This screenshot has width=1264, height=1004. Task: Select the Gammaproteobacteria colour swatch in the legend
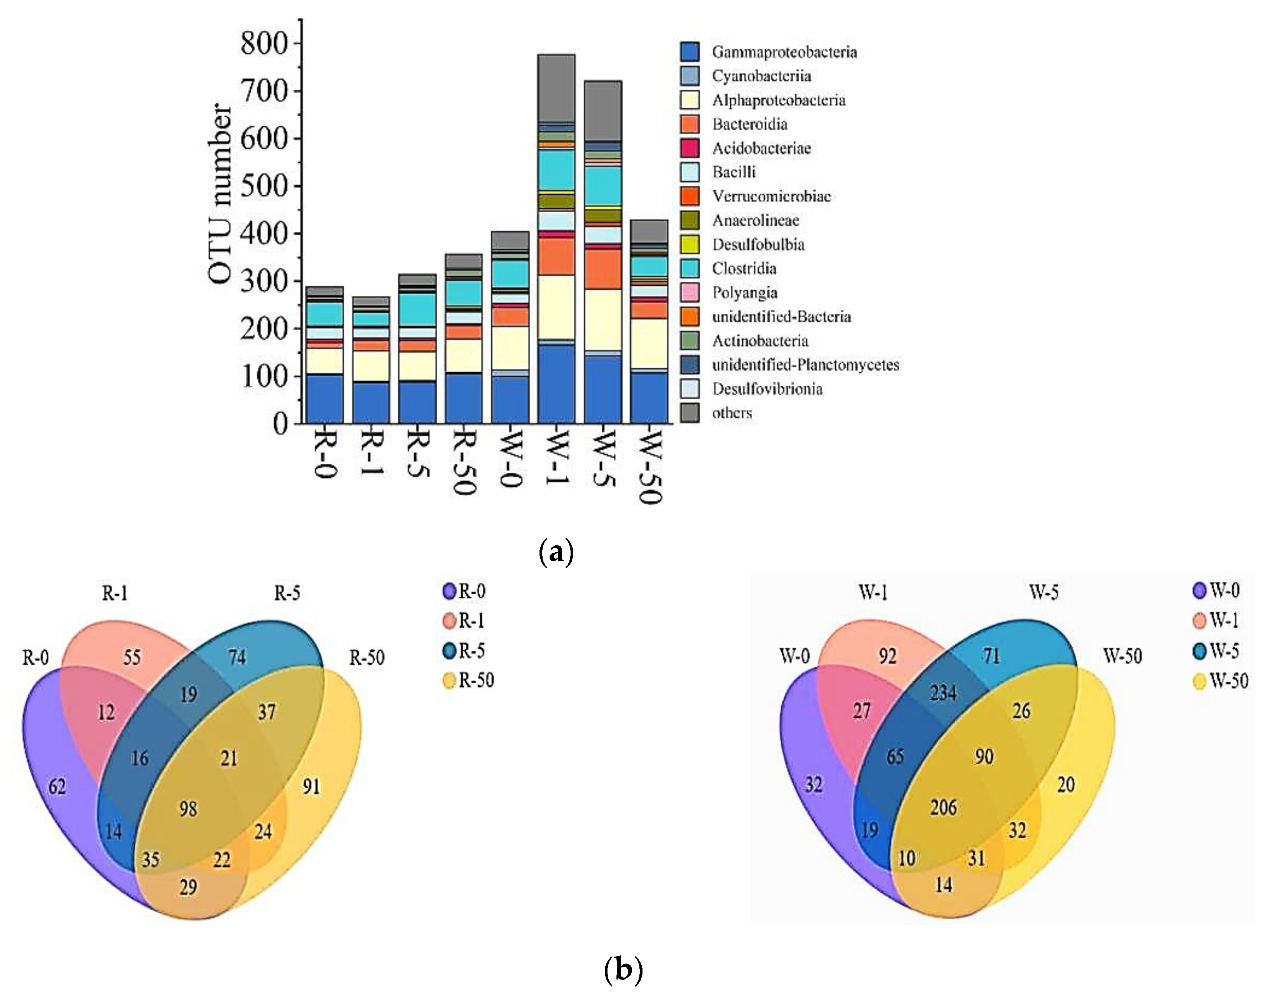[x=690, y=52]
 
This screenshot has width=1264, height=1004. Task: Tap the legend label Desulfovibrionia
[x=767, y=389]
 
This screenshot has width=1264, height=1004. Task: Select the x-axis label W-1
[x=556, y=460]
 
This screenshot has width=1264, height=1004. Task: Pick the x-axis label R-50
[x=464, y=463]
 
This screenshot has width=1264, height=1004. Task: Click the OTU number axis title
[x=221, y=194]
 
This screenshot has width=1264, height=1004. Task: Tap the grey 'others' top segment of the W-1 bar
[x=556, y=88]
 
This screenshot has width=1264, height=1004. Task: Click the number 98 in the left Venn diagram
[x=188, y=809]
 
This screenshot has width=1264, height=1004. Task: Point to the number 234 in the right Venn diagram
[x=943, y=693]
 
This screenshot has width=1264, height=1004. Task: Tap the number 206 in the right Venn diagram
[x=943, y=808]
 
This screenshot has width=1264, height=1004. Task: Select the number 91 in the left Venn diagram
[x=311, y=786]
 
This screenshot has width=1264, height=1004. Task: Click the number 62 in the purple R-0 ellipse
[x=57, y=786]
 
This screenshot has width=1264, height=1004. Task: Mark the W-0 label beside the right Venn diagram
[x=794, y=656]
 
